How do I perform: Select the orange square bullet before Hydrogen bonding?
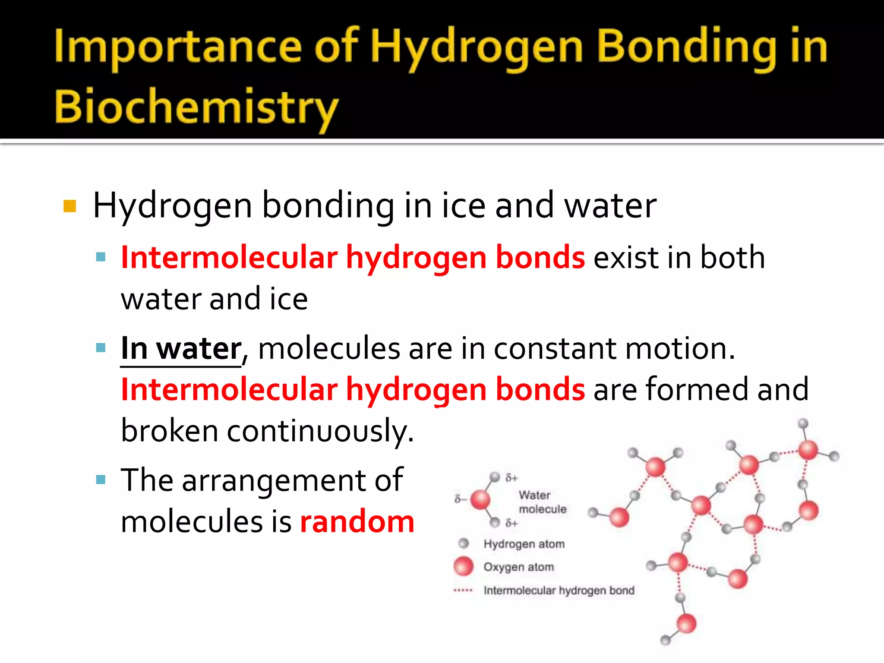(69, 206)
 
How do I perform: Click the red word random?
(357, 521)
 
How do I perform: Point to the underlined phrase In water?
(181, 349)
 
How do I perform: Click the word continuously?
(320, 431)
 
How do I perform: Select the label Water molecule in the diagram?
(542, 502)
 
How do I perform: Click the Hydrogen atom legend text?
(524, 544)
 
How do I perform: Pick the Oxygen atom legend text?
(518, 567)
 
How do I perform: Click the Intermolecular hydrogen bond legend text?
(559, 590)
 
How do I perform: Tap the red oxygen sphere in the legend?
(464, 566)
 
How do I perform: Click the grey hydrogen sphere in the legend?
(464, 543)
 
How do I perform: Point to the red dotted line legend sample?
(463, 590)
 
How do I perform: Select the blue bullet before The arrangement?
(101, 480)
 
